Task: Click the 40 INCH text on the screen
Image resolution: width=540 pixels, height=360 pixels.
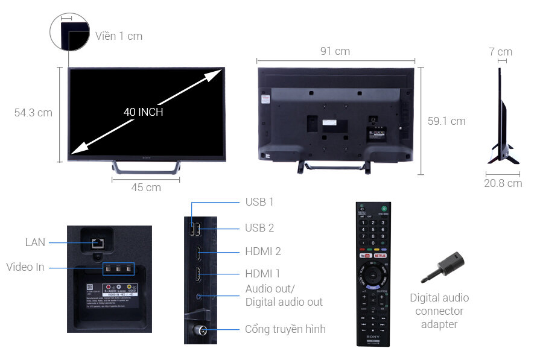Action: point(143,112)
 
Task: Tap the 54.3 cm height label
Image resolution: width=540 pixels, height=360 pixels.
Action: point(33,113)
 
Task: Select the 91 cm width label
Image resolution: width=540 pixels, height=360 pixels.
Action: point(335,51)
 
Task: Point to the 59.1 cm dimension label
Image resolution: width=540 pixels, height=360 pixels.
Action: point(446,121)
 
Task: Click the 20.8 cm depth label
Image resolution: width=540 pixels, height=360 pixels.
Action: point(503,183)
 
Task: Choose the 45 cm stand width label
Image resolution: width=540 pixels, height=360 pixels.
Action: point(146,188)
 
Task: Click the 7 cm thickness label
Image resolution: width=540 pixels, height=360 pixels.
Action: point(500,52)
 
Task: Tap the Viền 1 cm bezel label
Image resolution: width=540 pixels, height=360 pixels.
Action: point(119,36)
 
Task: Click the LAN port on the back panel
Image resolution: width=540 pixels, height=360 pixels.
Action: point(96,243)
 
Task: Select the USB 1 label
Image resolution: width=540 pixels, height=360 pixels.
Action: point(259,202)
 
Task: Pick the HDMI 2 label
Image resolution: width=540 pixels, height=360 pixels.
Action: point(263,251)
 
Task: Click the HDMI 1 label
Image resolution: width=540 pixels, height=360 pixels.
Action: point(263,274)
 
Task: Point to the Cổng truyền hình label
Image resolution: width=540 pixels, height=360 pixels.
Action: point(285,329)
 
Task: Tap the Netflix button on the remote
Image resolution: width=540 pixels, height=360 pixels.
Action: point(381,256)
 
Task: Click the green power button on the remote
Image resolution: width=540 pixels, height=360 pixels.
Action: point(383,209)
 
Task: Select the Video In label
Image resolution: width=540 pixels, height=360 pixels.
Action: point(25,267)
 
